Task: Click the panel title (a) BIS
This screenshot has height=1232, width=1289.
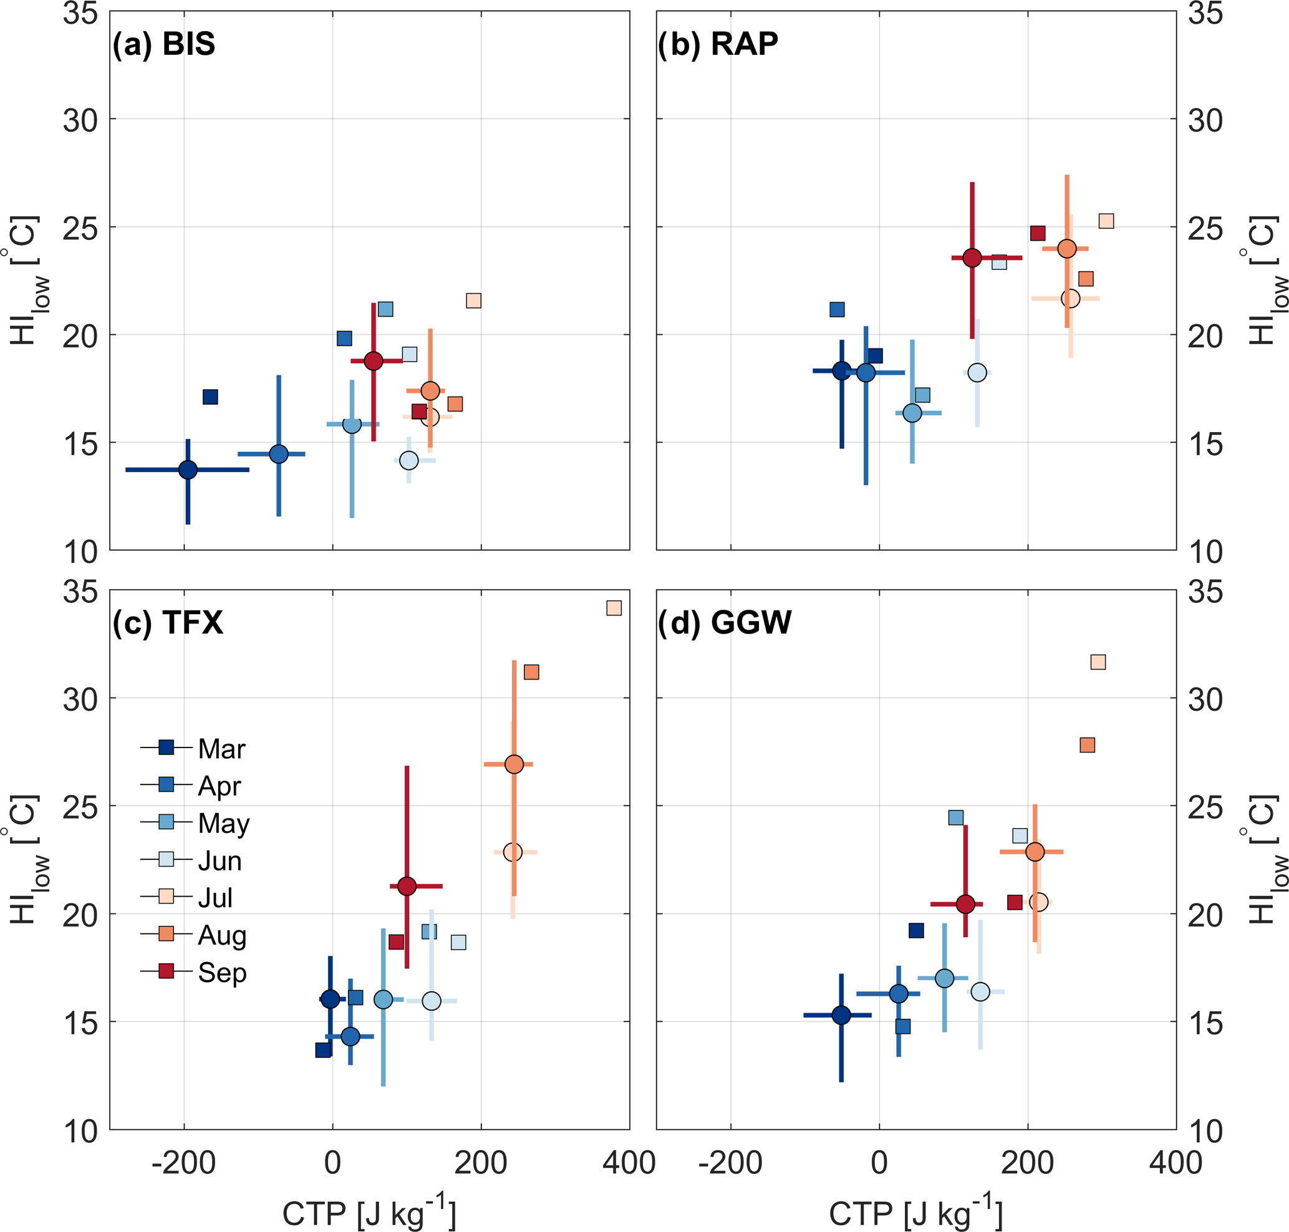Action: [x=163, y=44]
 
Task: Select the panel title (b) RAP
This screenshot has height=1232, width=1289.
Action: [x=717, y=44]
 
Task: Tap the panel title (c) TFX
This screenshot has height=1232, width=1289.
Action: [x=168, y=622]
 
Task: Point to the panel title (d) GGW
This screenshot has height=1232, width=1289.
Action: [x=725, y=622]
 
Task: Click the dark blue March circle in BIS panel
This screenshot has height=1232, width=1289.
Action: [x=188, y=469]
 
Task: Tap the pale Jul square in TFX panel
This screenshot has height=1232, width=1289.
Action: [x=614, y=608]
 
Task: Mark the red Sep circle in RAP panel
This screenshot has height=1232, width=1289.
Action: [x=972, y=258]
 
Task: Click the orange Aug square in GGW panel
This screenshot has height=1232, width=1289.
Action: [x=1088, y=744]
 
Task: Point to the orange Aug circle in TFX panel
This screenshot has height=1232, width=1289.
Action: [x=514, y=764]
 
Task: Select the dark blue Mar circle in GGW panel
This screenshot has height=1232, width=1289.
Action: [x=841, y=1015]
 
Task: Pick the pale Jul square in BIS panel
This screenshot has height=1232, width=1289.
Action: [x=473, y=301]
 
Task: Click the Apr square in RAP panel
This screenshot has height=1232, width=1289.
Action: [x=836, y=309]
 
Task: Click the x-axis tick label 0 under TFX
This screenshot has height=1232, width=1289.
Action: [x=332, y=1163]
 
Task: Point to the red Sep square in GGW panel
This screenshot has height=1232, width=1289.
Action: [x=1015, y=902]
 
